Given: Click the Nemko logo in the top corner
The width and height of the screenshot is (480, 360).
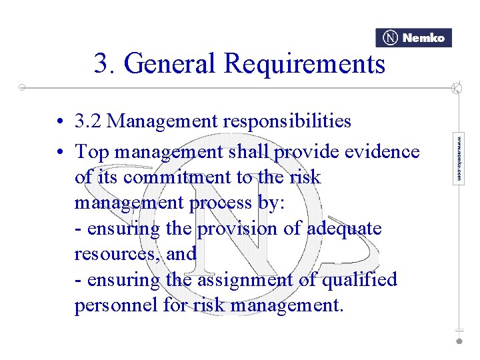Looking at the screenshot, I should pyautogui.click(x=413, y=38).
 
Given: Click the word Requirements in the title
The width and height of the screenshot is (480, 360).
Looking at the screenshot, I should pyautogui.click(x=305, y=64).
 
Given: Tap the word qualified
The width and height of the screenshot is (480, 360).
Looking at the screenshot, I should pyautogui.click(x=359, y=279).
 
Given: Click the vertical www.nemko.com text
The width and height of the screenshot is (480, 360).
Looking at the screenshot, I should pyautogui.click(x=459, y=159).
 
